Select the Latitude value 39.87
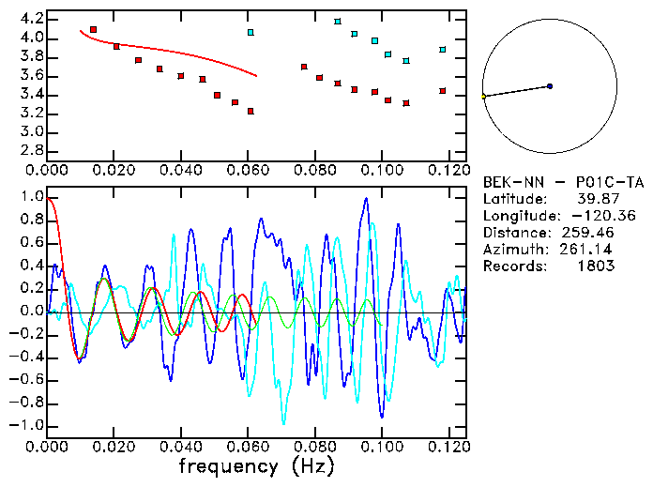[592, 199]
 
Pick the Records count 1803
[596, 266]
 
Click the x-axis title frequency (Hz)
[255, 465]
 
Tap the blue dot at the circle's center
[550, 86]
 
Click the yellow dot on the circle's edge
[483, 97]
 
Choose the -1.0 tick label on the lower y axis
[29, 425]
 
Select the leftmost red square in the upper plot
[93, 30]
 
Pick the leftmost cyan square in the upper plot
[251, 32]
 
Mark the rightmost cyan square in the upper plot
[443, 50]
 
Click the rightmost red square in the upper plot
[443, 91]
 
